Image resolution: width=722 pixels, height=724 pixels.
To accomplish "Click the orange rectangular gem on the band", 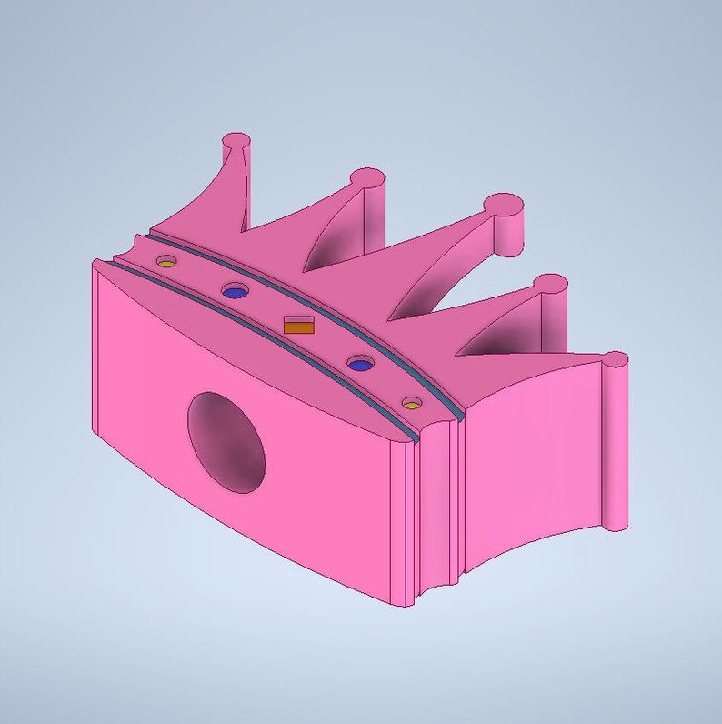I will point(299,326).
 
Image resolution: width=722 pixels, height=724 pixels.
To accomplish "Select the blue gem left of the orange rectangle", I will point(236,292).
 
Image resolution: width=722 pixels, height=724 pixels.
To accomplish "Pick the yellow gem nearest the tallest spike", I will point(165,262).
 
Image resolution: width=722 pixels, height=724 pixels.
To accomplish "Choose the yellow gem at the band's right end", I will point(412,403).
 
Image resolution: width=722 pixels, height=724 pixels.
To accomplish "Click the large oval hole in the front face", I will point(226,442).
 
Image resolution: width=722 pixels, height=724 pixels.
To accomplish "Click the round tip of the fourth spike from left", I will point(551,284).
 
